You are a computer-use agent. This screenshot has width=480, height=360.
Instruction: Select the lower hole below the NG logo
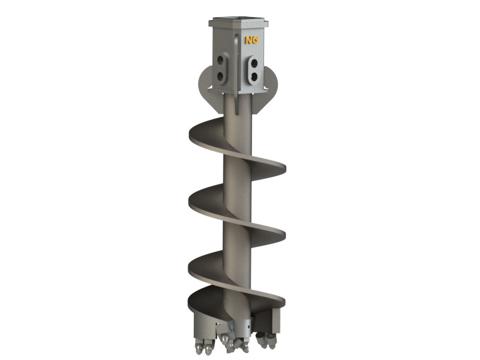click(x=254, y=76)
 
